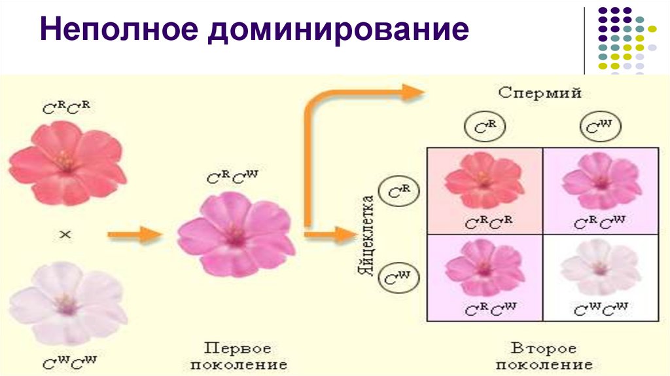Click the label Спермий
pyautogui.click(x=540, y=93)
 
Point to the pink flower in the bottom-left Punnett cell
pyautogui.click(x=484, y=265)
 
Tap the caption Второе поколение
pyautogui.click(x=544, y=354)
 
